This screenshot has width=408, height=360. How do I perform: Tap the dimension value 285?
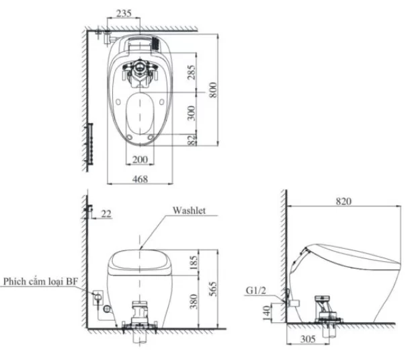192,73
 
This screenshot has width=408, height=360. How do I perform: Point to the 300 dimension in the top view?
192,112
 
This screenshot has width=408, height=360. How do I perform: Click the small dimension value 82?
192,139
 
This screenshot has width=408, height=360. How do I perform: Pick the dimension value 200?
139,159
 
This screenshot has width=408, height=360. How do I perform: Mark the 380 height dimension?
194,303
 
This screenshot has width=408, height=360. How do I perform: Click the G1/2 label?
255,291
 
